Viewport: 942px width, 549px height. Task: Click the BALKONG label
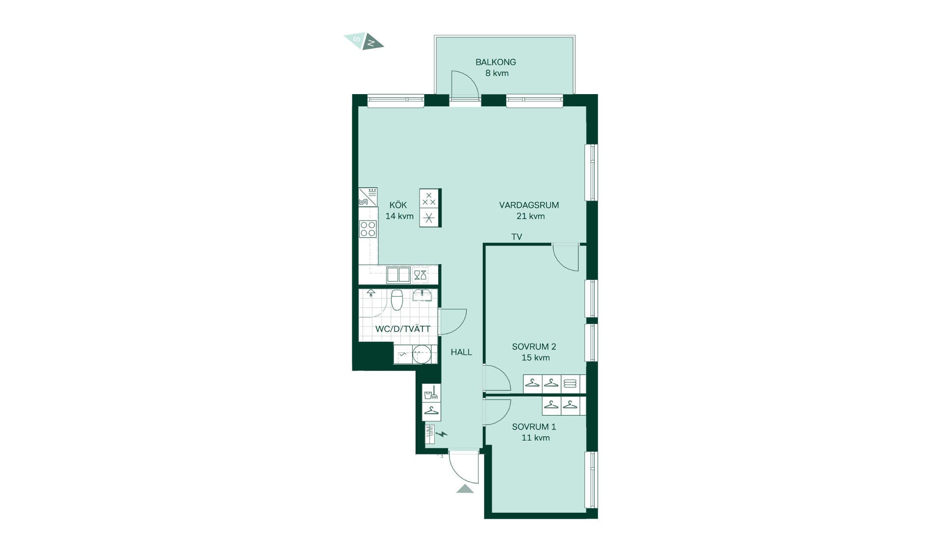tap(496, 62)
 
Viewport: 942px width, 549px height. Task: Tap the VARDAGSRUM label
tap(529, 205)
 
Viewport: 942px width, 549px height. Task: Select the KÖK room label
tap(398, 205)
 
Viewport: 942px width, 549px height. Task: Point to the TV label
tap(517, 237)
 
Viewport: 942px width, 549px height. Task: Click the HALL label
tap(461, 352)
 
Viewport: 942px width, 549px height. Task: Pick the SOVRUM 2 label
tap(534, 347)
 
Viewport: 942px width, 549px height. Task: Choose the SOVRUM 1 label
tap(534, 427)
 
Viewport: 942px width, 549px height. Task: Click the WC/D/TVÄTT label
tap(402, 329)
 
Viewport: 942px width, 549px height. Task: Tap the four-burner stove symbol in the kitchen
tap(368, 229)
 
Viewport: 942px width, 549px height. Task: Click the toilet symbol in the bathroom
tap(397, 299)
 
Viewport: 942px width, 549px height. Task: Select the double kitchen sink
tap(398, 275)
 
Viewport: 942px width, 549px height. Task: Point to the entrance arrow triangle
tap(465, 488)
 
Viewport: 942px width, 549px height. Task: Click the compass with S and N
tap(364, 41)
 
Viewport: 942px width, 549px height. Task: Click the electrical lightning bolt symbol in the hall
tap(442, 434)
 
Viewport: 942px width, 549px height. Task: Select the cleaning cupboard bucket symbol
tap(431, 393)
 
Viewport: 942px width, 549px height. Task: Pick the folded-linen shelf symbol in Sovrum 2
tap(570, 383)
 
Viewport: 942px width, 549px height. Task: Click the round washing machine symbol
tap(421, 354)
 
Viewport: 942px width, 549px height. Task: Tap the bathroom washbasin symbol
tap(422, 295)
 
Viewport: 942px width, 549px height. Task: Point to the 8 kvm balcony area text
tap(497, 73)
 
